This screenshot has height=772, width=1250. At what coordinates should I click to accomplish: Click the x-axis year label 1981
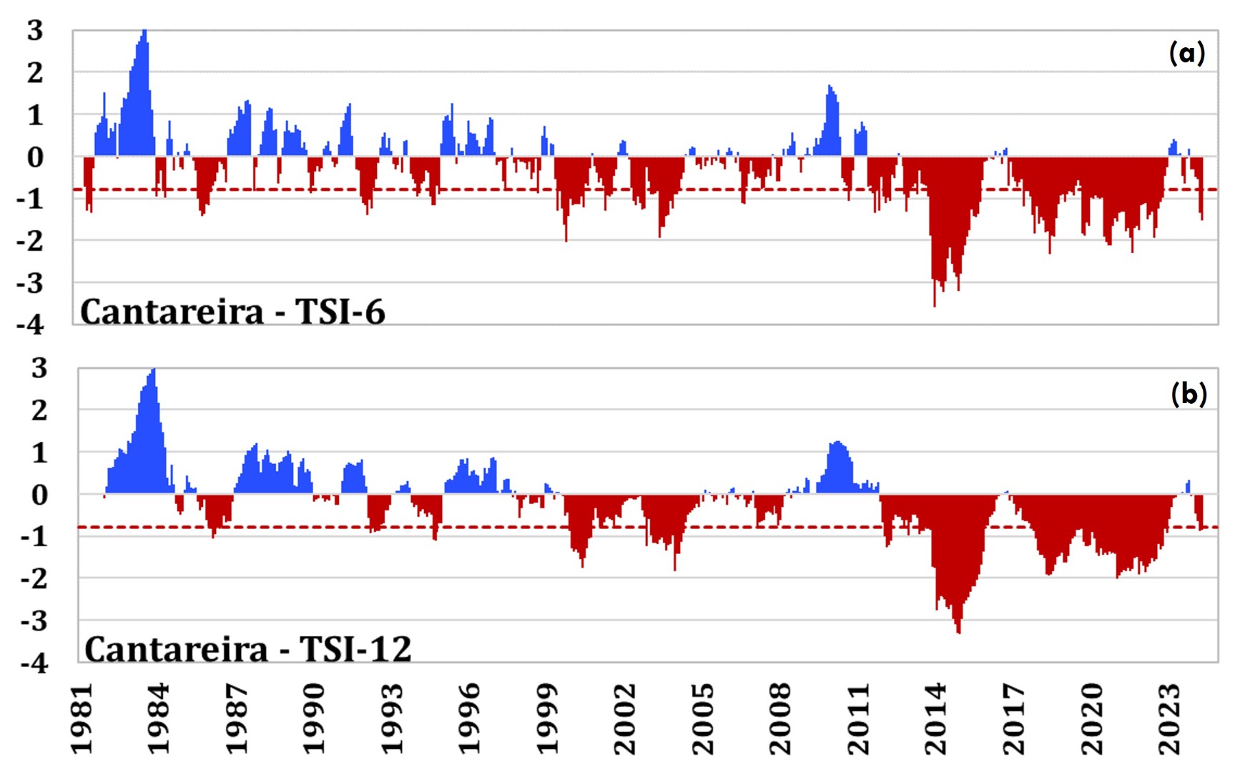click(x=82, y=718)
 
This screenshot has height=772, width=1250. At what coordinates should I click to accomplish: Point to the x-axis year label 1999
click(x=547, y=718)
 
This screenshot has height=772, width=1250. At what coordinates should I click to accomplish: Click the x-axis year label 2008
click(x=780, y=718)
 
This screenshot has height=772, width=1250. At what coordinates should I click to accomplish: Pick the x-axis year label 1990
click(x=315, y=718)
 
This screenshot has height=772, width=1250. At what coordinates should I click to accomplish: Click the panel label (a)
click(x=1186, y=53)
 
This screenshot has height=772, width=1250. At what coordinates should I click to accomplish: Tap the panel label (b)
click(x=1189, y=394)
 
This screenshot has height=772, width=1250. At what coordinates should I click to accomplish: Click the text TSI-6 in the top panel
click(x=340, y=312)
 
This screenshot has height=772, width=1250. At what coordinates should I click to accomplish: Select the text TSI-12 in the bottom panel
click(x=355, y=649)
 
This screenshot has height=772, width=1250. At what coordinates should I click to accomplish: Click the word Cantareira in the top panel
click(x=172, y=312)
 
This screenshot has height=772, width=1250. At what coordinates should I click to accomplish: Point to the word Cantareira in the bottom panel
click(x=176, y=649)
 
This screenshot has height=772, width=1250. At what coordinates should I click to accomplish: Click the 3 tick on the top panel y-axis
click(x=35, y=31)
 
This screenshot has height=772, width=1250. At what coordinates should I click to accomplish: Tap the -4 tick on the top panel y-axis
click(x=30, y=325)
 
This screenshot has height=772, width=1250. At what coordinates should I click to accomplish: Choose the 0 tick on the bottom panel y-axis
click(x=39, y=495)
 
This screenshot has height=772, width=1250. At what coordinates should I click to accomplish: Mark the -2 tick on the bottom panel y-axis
click(x=34, y=578)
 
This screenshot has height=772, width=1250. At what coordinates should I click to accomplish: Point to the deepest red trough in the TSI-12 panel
click(x=958, y=630)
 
